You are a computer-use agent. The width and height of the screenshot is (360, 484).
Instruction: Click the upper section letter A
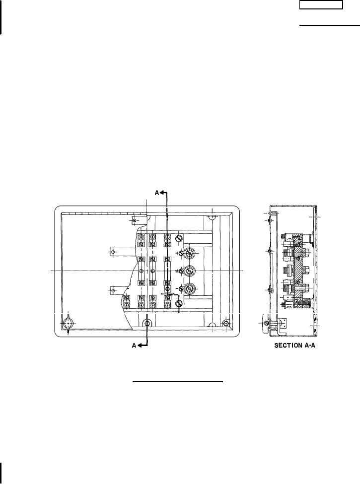click(157, 193)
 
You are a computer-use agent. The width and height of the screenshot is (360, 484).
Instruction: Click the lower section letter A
click(134, 346)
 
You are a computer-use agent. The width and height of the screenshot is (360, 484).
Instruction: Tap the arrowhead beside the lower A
click(139, 346)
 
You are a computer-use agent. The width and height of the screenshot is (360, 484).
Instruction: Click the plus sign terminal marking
click(177, 253)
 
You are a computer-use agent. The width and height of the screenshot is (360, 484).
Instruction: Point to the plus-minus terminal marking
click(177, 271)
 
